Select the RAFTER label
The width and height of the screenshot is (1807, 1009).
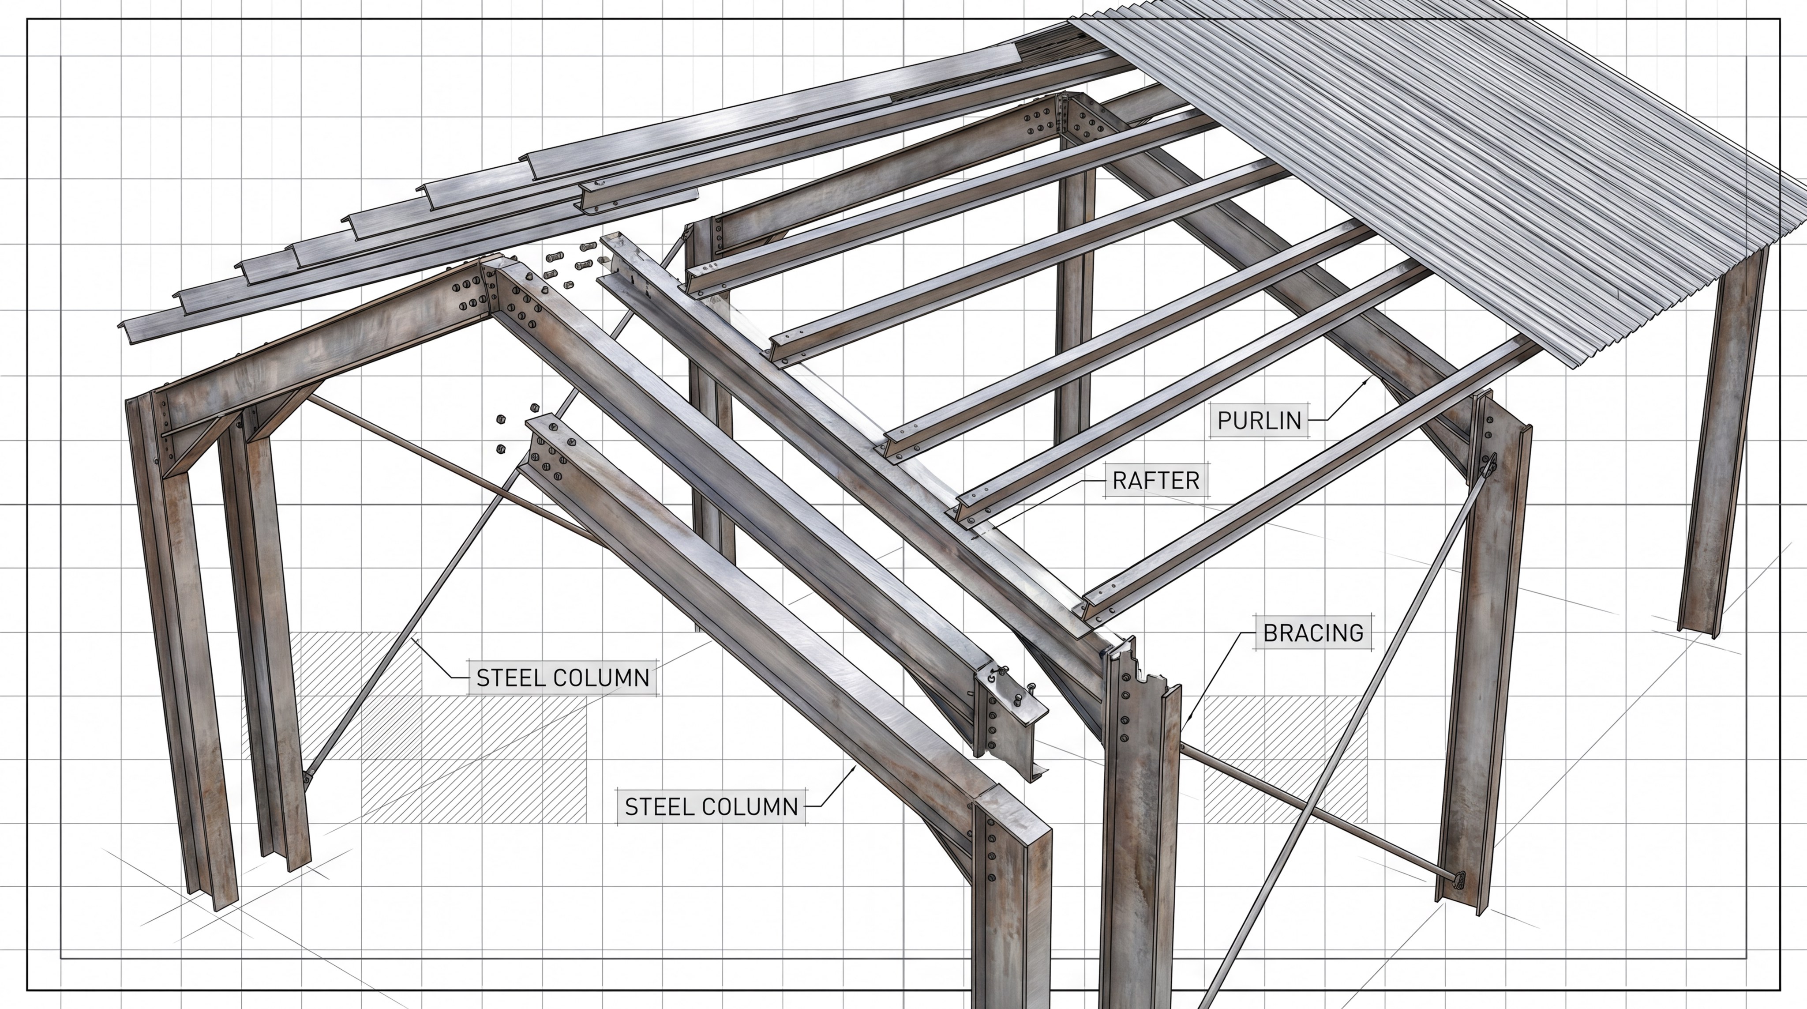[x=1156, y=481]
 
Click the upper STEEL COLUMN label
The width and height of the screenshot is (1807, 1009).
[x=562, y=678]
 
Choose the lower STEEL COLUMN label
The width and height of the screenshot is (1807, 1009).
[x=711, y=806]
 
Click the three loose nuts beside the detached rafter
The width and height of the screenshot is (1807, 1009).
[x=516, y=428]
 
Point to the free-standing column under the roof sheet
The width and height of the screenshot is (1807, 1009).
[x=1723, y=449]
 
